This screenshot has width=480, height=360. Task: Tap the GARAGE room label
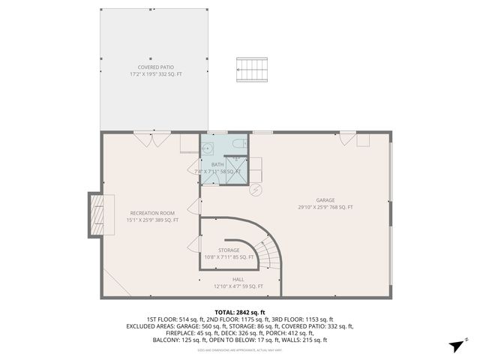coord(325,200)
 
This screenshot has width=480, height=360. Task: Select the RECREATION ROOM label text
coord(152,213)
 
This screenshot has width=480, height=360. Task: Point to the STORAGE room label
coord(229,250)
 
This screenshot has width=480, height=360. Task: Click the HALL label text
coord(238,279)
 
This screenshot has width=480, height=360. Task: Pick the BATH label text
coord(217,164)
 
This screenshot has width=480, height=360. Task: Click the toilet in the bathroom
coord(238,142)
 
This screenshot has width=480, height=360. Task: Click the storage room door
coord(196,244)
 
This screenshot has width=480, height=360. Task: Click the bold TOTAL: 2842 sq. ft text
coord(240,312)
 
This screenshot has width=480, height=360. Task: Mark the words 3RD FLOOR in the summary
coord(301,319)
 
